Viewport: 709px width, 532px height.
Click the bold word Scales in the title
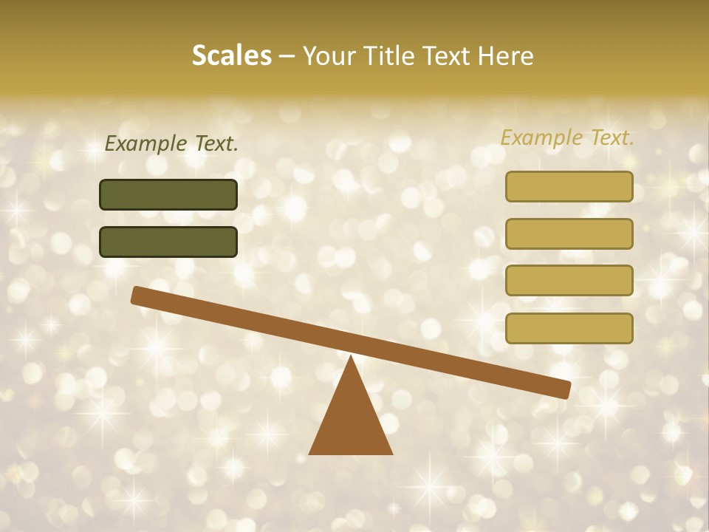[231, 55]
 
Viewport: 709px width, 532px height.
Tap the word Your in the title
[329, 55]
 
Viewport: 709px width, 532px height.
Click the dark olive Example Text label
[171, 144]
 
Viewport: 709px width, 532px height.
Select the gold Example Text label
[567, 137]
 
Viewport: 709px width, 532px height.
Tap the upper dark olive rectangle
[168, 194]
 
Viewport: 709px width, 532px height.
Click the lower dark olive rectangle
[168, 242]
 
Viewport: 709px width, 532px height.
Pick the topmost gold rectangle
[569, 186]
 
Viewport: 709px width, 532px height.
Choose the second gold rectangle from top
[569, 233]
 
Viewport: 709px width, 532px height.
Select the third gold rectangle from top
[569, 280]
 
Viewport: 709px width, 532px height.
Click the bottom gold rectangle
[569, 328]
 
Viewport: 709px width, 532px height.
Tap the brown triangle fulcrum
[351, 421]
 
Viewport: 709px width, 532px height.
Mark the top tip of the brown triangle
[351, 357]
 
